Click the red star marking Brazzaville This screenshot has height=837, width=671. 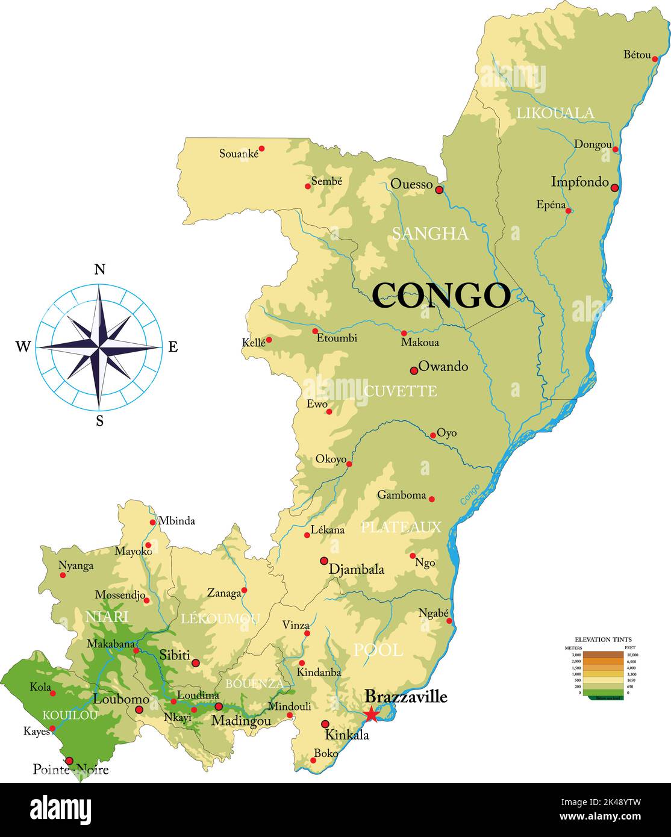[371, 714]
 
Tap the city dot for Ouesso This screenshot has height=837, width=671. [439, 190]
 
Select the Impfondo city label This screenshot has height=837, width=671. [579, 182]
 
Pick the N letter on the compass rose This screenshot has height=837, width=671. [100, 269]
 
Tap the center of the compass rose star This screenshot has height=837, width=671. [99, 347]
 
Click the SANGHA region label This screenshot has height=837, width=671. [430, 234]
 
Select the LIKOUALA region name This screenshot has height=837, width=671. [555, 113]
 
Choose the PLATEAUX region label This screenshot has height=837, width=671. [401, 527]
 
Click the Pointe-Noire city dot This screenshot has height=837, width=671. [69, 761]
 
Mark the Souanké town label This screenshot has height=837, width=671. [239, 154]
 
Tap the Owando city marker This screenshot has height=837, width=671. [414, 370]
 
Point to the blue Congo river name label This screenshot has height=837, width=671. [470, 494]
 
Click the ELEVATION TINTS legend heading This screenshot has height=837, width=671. [603, 639]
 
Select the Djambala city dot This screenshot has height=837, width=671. [324, 561]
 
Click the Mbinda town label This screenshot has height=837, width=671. [176, 521]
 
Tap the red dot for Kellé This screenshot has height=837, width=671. [269, 340]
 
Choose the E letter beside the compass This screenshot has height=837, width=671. [173, 347]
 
